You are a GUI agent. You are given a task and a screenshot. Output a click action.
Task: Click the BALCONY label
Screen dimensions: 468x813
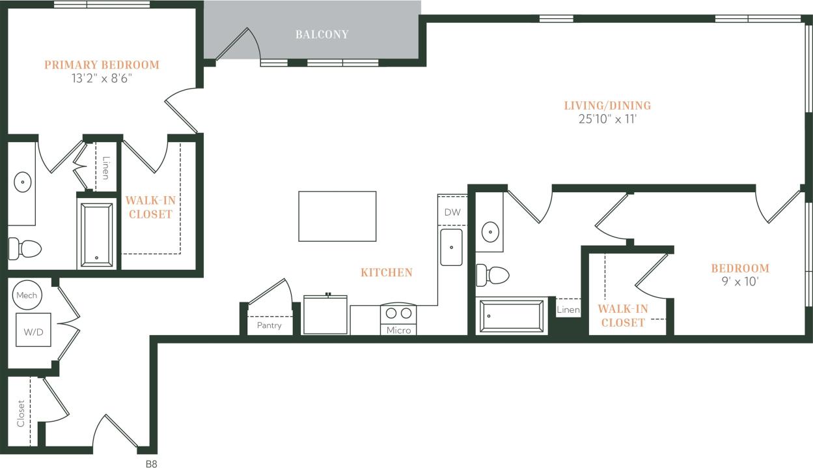point(322,35)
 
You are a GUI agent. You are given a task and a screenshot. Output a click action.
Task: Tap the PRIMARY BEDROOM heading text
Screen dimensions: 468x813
point(102,65)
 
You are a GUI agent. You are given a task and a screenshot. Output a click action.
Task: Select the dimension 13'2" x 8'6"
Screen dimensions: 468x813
point(102,78)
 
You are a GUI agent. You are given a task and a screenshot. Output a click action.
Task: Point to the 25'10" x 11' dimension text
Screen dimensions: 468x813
point(607,119)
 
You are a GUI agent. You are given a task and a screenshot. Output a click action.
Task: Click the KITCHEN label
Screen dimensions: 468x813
point(387,272)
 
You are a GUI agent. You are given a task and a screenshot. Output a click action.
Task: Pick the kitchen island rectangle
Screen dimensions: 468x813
point(337,216)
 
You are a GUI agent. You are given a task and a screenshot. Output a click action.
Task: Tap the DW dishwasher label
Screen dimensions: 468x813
point(452,212)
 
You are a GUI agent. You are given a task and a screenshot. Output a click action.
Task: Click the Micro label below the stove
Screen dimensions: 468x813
point(398,330)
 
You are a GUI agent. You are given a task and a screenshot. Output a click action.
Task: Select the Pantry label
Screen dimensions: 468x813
point(269,325)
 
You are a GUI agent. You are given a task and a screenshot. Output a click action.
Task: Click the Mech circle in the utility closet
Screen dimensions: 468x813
point(27,295)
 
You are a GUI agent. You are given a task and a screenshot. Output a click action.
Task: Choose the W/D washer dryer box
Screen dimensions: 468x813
point(33,332)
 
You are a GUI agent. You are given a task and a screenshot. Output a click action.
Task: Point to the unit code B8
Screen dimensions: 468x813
point(151,464)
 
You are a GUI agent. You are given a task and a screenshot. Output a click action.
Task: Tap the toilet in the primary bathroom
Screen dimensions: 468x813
point(25,248)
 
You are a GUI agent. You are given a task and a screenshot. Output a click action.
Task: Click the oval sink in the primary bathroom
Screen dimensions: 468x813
point(23,181)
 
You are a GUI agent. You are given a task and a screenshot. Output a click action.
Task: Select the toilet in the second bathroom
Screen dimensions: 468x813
point(492,275)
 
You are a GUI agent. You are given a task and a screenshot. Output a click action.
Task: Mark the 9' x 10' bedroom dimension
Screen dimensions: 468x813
point(739,282)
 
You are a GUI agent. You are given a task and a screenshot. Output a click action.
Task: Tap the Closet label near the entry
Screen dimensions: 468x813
point(21,413)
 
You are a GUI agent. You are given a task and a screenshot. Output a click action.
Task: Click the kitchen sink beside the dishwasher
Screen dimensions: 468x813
point(451,247)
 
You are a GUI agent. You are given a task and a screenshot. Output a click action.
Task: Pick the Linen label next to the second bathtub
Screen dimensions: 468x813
point(568,310)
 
